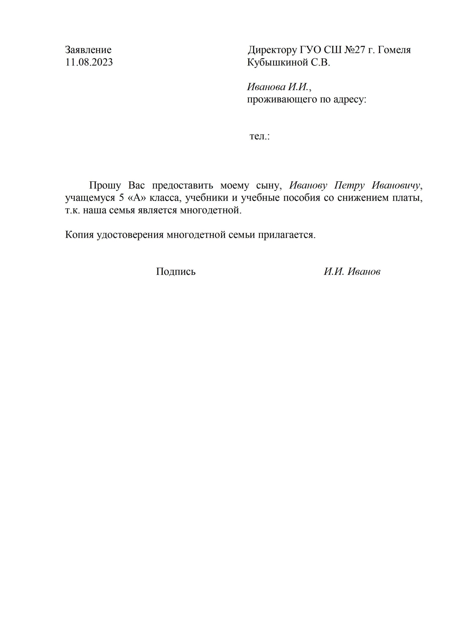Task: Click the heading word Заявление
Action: [x=88, y=50]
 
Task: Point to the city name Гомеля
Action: [x=394, y=50]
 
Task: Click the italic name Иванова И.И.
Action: [x=277, y=87]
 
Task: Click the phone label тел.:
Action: [x=260, y=137]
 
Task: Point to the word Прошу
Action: [x=105, y=186]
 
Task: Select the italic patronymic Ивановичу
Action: [x=396, y=186]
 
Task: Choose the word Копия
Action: [x=79, y=235]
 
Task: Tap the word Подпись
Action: [x=176, y=271]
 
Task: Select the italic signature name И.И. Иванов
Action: [x=352, y=271]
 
